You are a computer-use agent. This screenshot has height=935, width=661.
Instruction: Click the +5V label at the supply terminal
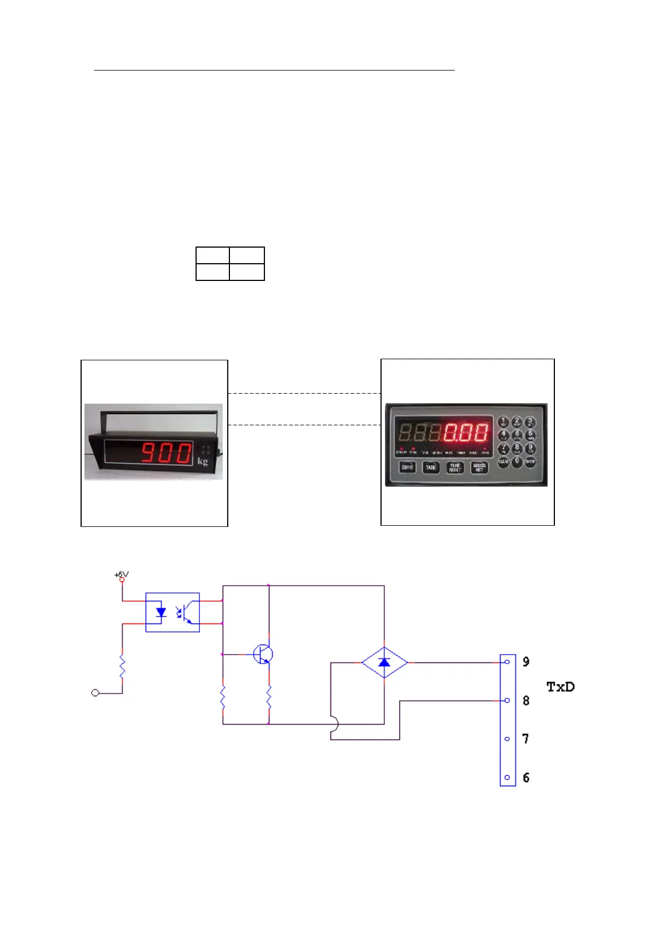[x=121, y=575]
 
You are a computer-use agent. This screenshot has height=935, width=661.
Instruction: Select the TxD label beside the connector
[x=560, y=687]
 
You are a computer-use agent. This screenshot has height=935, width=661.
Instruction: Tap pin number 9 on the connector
[x=525, y=662]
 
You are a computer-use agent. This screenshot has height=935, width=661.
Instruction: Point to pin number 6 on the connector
[x=525, y=778]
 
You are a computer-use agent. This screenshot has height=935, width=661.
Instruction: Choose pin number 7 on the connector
[x=525, y=739]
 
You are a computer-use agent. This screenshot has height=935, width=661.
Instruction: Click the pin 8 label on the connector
[x=525, y=701]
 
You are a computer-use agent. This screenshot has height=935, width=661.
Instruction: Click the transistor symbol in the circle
[x=263, y=655]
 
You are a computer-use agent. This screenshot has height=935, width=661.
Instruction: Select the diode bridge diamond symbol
[x=384, y=662]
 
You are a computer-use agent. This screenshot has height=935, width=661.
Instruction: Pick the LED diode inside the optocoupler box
[x=161, y=612]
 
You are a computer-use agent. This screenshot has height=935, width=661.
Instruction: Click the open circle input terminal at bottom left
[x=95, y=693]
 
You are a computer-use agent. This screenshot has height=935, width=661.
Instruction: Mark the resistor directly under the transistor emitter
[x=269, y=697]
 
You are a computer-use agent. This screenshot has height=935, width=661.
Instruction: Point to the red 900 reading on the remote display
[x=166, y=453]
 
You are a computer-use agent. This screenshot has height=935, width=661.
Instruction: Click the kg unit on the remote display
[x=203, y=461]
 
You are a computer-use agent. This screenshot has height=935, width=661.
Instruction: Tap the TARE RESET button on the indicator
[x=455, y=468]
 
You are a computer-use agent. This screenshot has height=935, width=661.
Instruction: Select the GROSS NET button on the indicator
[x=479, y=468]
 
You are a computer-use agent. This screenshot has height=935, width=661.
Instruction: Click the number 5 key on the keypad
[x=517, y=435]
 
